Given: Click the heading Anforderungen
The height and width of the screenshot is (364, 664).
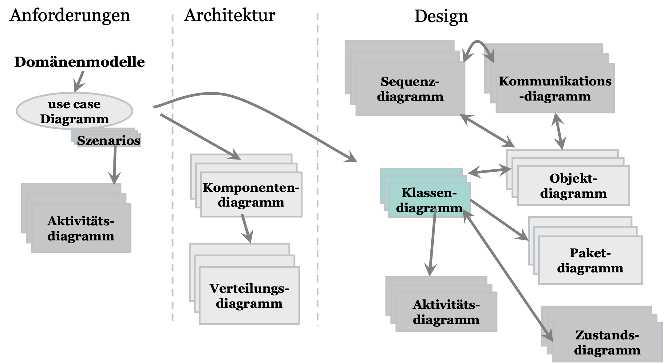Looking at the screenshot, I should [70, 15].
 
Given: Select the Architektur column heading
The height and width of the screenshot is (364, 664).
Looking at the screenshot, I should [229, 15].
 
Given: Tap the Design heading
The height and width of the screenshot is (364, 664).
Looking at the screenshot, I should [441, 16].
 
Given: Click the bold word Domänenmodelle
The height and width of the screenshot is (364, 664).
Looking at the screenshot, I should [80, 62].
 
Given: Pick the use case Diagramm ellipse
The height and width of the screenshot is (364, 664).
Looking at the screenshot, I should [74, 111].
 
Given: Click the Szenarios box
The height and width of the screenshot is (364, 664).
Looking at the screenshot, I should [109, 140].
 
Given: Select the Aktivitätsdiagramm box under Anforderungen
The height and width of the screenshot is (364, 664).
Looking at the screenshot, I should [81, 228].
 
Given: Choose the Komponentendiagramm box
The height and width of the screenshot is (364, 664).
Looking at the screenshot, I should [251, 195].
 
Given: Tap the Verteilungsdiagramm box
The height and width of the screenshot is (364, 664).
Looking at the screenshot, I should [249, 295].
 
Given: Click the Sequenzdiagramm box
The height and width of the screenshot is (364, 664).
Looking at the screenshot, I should [410, 89].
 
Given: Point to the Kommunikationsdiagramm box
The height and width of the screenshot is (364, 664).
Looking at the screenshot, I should [555, 89].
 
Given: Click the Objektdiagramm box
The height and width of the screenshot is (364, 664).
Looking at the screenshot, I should [573, 186].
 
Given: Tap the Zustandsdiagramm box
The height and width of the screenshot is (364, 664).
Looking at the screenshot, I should [607, 342].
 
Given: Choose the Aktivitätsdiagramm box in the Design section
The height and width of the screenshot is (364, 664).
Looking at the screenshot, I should [446, 312].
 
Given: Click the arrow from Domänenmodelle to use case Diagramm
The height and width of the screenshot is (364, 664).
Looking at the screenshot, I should [79, 81].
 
